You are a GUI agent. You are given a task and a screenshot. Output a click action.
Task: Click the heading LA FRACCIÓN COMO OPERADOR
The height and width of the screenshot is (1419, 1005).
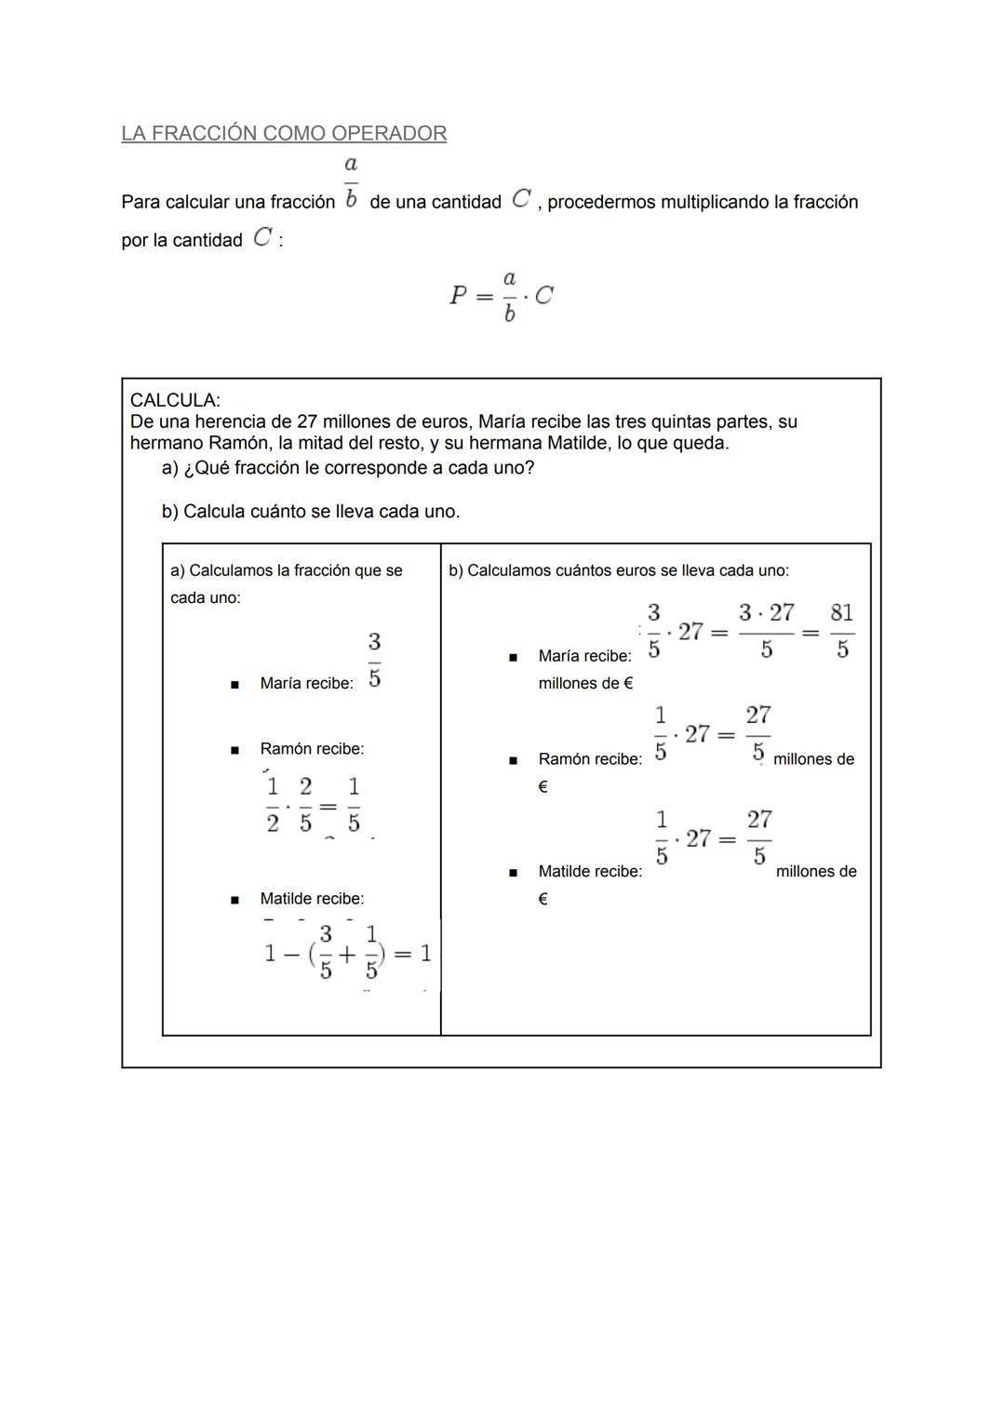[284, 133]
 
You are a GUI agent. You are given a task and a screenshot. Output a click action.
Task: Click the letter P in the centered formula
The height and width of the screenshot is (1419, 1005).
[458, 296]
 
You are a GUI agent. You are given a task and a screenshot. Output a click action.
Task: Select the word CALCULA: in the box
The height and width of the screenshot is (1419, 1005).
[175, 400]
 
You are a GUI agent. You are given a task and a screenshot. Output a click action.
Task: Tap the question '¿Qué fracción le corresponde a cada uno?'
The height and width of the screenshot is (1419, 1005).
[358, 467]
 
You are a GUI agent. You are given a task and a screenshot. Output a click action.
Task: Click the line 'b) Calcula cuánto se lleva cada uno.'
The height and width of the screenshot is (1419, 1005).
[311, 511]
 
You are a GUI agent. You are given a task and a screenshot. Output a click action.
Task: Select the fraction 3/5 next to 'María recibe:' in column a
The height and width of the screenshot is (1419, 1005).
[374, 660]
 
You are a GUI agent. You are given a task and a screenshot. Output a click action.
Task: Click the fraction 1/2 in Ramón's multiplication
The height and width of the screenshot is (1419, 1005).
[273, 805]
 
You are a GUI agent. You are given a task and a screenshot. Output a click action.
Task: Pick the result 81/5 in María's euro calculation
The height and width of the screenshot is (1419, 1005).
[842, 631]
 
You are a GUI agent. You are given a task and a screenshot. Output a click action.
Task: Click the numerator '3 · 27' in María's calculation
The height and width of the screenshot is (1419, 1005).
[767, 612]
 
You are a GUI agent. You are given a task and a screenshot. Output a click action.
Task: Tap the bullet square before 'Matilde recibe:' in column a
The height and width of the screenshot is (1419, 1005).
[234, 900]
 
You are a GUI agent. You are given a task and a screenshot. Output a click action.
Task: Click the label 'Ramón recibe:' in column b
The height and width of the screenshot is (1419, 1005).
[590, 759]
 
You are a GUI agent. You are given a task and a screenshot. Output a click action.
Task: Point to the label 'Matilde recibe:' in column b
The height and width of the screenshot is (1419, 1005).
[590, 872]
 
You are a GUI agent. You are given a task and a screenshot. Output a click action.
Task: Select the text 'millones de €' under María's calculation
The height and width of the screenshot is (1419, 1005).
[585, 683]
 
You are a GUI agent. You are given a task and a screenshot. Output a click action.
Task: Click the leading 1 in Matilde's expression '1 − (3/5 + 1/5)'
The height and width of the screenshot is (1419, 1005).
[270, 953]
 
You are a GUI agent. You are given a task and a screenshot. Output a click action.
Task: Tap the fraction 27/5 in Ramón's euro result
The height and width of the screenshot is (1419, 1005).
[758, 733]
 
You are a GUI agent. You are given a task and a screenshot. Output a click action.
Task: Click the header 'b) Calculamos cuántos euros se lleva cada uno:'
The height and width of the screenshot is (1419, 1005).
[619, 570]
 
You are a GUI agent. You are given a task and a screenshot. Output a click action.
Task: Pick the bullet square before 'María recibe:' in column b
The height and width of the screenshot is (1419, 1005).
[513, 657]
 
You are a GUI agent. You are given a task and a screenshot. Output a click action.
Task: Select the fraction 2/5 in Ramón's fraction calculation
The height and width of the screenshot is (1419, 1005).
[305, 805]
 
